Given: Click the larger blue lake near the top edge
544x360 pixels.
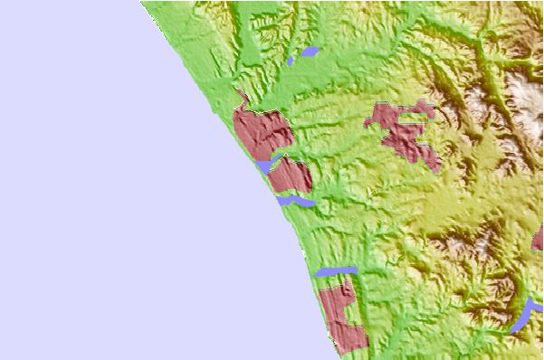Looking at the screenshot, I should tap(310, 52).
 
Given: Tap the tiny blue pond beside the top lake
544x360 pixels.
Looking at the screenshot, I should tap(291, 62).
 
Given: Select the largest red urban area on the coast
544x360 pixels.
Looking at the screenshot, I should tap(260, 131).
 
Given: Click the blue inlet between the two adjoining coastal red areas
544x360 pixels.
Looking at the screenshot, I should tap(264, 166).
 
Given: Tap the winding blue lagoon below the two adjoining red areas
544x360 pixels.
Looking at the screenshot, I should tap(296, 201).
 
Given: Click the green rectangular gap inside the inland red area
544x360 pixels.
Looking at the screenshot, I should tap(417, 118).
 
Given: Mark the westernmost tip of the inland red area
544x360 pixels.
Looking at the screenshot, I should tap(367, 120).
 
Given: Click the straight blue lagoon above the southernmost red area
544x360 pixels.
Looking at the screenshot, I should tap(335, 270).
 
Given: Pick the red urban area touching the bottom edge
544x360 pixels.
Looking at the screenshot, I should tap(341, 317).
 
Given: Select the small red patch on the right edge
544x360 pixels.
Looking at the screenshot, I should tap(539, 237).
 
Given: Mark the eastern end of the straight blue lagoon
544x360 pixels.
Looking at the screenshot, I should tap(355, 269).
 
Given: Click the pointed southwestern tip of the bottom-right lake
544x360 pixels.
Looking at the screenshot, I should tap(512, 330).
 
